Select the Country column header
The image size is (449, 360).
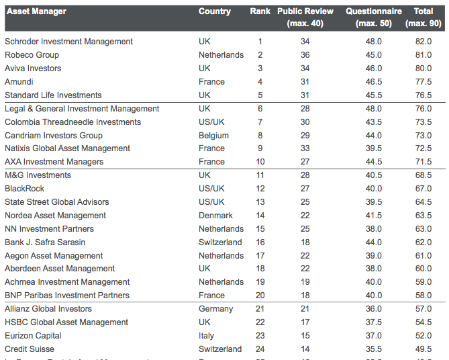214,11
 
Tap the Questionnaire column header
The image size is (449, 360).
373,11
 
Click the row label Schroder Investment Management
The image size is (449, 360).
68,42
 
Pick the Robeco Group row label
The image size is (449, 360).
32,55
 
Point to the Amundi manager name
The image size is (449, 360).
19,82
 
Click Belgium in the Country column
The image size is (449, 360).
213,136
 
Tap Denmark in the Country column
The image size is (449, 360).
215,216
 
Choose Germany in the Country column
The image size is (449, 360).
215,309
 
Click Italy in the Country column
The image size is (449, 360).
206,336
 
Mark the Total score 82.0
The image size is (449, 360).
423,42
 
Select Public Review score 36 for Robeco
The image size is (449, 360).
305,55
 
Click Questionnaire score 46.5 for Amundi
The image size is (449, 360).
374,82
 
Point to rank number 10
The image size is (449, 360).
260,162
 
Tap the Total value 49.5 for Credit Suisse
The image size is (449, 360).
423,349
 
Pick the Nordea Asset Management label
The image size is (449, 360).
55,216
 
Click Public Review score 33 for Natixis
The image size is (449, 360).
305,148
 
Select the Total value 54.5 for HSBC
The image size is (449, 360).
423,322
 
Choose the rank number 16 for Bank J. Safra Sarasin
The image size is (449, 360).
260,242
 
